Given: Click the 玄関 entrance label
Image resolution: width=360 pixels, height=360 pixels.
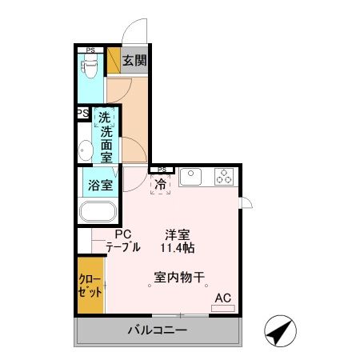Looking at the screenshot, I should tap(134, 60).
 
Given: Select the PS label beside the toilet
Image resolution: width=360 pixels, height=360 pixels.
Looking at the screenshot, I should tap(90, 51).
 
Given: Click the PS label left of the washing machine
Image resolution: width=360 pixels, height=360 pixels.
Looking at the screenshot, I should tap(82, 114).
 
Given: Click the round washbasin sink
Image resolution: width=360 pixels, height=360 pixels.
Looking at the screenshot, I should tap(86, 149).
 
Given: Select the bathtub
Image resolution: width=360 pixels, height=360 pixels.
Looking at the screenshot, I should tap(98, 214).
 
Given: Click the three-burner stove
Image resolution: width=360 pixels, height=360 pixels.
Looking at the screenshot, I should tap(224, 176).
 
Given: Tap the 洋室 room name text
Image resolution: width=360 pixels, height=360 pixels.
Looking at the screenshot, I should tap(178, 234).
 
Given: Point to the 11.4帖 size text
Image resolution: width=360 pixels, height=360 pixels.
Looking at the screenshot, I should tap(178, 248).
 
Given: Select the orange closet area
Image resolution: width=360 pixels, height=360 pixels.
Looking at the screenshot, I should tap(90, 285).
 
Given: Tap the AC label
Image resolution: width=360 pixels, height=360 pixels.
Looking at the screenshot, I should tap(222, 298).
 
